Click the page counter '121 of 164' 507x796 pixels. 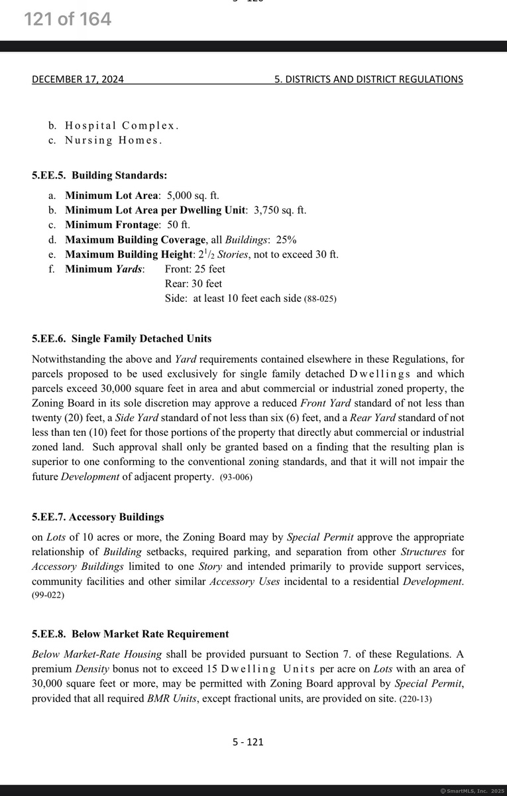pos(68,20)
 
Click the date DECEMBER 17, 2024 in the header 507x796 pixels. pos(78,80)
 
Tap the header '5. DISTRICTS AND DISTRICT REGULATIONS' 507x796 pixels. pos(368,80)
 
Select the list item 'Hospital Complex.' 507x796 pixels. pos(122,125)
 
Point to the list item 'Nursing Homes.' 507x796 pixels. pos(113,140)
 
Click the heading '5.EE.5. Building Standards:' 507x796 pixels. pos(99,176)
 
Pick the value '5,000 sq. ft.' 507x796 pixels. pos(193,196)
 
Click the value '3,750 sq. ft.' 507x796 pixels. pos(280,210)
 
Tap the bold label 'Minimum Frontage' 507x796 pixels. pos(112,225)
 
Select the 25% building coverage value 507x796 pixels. pos(286,239)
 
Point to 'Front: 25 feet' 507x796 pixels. pos(195,269)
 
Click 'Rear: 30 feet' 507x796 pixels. pos(194,283)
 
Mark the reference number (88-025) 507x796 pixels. pos(320,299)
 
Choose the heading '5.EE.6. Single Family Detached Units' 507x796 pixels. pos(122,339)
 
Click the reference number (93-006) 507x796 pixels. pos(236,478)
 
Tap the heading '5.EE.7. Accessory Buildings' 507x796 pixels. pos(98,517)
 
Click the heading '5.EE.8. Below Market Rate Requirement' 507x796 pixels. pos(131,634)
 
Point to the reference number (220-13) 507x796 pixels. pos(416,699)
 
